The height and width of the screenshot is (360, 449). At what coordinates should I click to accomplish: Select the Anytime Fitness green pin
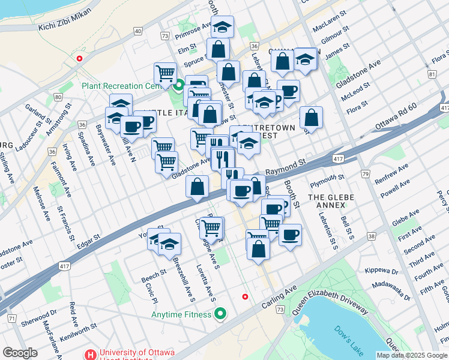(x=221, y=314)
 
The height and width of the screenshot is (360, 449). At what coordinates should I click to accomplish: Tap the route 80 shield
(x=58, y=97)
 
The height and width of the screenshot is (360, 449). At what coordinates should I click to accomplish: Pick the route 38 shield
(x=372, y=237)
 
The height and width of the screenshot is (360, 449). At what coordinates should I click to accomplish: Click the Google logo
(x=20, y=353)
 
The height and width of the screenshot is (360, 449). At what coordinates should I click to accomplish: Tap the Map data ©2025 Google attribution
(x=411, y=355)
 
